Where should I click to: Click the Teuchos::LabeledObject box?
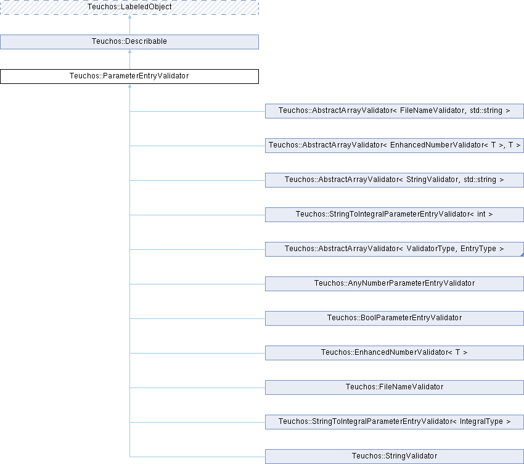point(129,7)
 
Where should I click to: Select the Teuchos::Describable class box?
point(129,41)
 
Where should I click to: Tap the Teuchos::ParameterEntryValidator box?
point(129,77)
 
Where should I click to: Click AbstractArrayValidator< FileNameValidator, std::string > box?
point(394,111)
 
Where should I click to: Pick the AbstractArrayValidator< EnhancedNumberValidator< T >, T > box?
point(394,146)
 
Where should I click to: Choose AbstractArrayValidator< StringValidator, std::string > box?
point(394,180)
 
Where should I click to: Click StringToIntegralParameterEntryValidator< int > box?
point(394,215)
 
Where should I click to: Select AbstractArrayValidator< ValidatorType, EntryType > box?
point(394,249)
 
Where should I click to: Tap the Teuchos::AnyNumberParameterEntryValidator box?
point(394,284)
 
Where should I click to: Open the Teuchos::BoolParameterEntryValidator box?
point(394,318)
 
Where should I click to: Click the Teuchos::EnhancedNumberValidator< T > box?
point(394,353)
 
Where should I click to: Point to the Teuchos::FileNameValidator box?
point(394,387)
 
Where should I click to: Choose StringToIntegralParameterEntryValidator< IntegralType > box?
point(394,422)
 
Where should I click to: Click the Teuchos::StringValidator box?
point(394,457)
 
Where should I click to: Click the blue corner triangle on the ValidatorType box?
point(521,254)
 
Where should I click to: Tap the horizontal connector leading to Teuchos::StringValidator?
point(197,457)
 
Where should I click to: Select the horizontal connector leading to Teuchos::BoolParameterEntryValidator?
point(197,318)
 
